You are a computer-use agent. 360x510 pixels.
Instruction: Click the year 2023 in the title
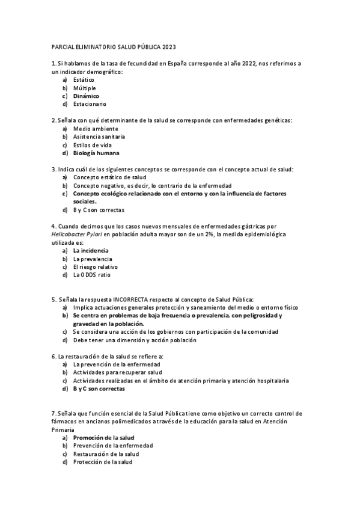point(168,47)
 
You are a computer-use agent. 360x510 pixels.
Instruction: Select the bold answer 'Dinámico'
point(86,96)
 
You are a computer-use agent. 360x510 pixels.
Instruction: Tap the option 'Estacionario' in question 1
point(90,104)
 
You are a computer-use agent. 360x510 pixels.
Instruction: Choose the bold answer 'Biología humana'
point(96,153)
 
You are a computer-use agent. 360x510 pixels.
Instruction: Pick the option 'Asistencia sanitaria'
point(99,137)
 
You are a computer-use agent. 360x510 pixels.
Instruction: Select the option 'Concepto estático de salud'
point(109,178)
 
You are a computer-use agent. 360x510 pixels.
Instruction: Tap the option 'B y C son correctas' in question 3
point(99,210)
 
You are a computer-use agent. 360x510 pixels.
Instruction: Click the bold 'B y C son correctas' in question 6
point(99,389)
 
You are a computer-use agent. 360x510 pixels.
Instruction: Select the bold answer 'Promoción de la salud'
point(103,437)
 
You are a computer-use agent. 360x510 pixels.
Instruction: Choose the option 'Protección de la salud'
point(103,462)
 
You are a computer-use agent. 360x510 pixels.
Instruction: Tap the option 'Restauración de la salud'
point(106,453)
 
